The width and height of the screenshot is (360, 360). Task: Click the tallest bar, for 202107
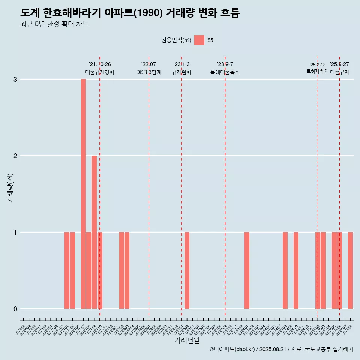[83, 194]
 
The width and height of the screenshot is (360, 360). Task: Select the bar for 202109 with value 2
[94, 232]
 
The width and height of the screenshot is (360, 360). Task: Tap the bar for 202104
[67, 270]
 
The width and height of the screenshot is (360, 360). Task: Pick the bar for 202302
[187, 270]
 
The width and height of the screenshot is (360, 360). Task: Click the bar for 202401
[247, 270]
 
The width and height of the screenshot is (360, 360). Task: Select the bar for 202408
[285, 270]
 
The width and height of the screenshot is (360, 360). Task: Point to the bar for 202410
[296, 270]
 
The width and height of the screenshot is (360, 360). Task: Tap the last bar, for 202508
[350, 270]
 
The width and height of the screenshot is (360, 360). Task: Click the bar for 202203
[127, 270]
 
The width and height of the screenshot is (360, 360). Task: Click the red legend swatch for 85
[199, 40]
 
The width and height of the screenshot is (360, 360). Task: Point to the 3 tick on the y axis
[15, 79]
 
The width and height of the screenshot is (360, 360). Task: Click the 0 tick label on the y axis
[15, 309]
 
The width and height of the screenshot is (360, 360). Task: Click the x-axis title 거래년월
[187, 340]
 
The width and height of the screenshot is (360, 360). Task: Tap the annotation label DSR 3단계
[148, 72]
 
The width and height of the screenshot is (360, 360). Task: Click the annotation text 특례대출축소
[225, 72]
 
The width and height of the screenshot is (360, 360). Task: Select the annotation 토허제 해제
[318, 71]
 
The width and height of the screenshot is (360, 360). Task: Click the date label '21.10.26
[100, 64]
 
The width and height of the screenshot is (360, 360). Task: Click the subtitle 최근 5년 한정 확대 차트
[54, 24]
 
